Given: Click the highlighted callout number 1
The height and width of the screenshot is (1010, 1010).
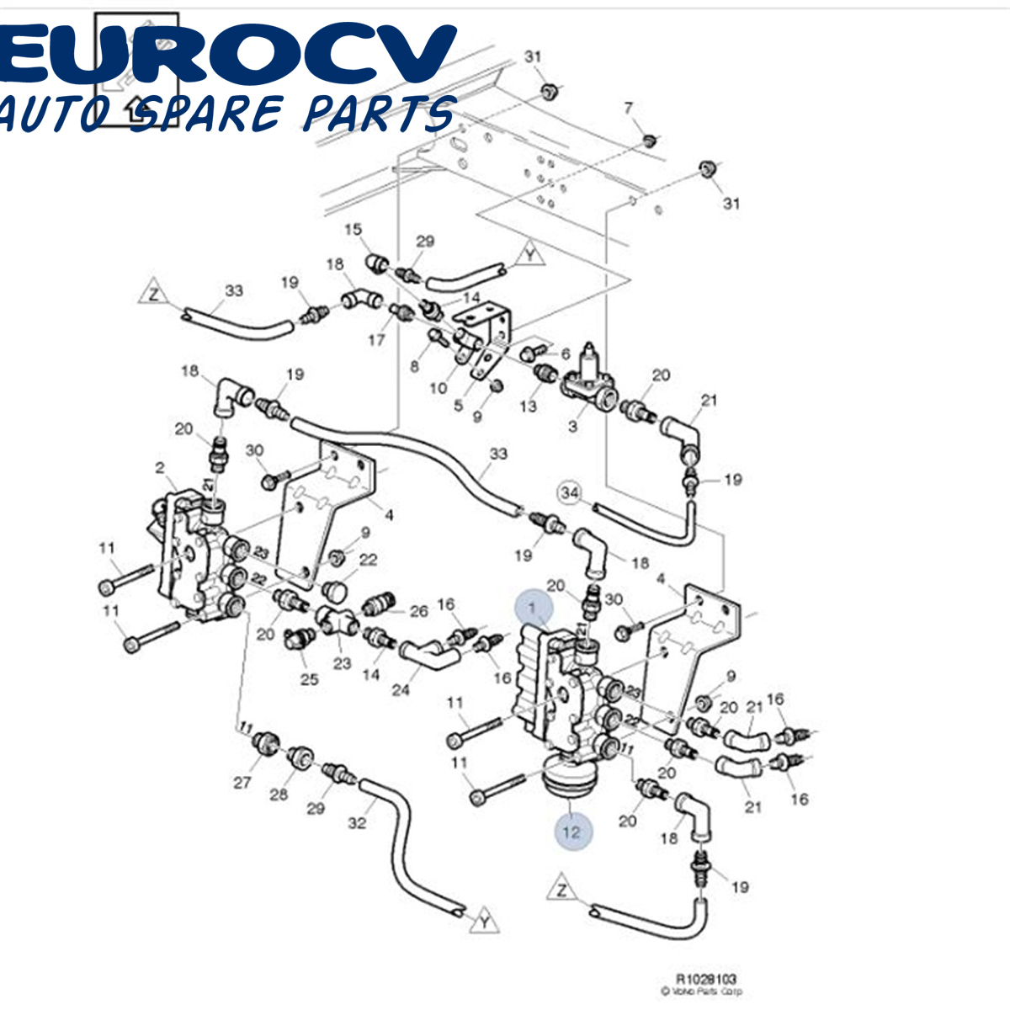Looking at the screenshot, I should pyautogui.click(x=532, y=607).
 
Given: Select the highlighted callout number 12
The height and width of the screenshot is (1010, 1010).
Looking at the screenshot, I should pyautogui.click(x=572, y=832).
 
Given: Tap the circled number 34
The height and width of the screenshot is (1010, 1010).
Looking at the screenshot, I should pyautogui.click(x=571, y=493).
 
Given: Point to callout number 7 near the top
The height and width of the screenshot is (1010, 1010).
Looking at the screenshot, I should pyautogui.click(x=628, y=108).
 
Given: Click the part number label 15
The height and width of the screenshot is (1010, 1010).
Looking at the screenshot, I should pyautogui.click(x=353, y=230).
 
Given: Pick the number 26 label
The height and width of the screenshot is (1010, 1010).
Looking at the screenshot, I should pyautogui.click(x=418, y=611).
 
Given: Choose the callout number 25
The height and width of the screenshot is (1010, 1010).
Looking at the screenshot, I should pyautogui.click(x=310, y=678).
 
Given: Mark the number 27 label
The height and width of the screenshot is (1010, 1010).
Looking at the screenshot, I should pyautogui.click(x=242, y=783).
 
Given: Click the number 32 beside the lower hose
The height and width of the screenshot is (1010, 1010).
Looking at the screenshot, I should pyautogui.click(x=358, y=822).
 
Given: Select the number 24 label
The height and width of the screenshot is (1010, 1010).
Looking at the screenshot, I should pyautogui.click(x=401, y=690).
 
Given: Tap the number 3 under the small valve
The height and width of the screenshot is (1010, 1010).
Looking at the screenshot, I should pyautogui.click(x=573, y=426).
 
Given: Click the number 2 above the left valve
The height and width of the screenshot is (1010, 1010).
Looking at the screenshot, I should pyautogui.click(x=160, y=467).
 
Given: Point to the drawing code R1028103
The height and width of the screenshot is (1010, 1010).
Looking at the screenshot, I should pyautogui.click(x=706, y=980).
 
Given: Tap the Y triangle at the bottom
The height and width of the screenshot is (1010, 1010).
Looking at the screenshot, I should pyautogui.click(x=485, y=921).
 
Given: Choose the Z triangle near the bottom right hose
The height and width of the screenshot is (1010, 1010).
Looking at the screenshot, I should pyautogui.click(x=561, y=890).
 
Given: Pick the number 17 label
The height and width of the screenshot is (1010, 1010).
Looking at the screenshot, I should pyautogui.click(x=376, y=340).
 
